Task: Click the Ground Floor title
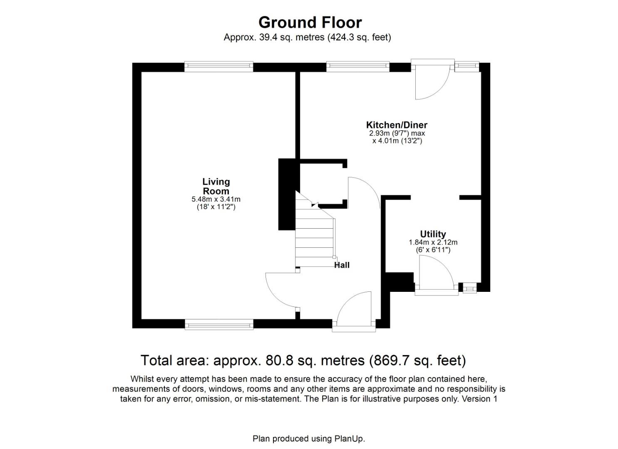coord(310,22)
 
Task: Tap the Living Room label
coord(216,186)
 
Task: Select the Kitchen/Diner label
coord(396,125)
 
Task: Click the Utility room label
coord(433,234)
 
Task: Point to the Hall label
coord(342,265)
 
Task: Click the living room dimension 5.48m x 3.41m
coord(216,200)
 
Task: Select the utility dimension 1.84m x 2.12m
coord(433,242)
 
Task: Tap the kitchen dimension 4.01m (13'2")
coord(397,141)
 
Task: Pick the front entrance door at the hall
coord(354,312)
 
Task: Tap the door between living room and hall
coord(281,291)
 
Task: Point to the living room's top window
coord(218,67)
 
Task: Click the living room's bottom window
coord(219,324)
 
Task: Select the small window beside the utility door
coord(469,288)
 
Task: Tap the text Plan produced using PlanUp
coord(308,439)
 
